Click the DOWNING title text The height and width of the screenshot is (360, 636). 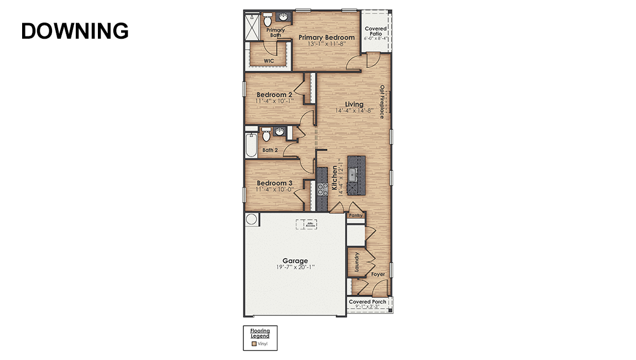click(x=75, y=31)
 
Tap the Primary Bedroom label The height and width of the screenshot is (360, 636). click(x=326, y=38)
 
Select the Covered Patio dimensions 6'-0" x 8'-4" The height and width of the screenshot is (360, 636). click(x=376, y=39)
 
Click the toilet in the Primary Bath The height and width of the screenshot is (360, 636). click(x=268, y=19)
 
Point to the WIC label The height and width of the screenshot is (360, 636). click(x=269, y=61)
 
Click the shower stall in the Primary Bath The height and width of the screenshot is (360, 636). click(x=252, y=27)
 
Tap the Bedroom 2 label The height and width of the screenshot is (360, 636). click(x=274, y=95)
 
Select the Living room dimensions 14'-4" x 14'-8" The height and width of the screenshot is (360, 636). click(x=355, y=111)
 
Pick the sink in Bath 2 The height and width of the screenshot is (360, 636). click(x=280, y=132)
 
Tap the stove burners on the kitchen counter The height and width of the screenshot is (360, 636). click(x=322, y=189)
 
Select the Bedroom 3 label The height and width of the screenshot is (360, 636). click(x=274, y=183)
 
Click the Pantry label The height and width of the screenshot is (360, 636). click(x=356, y=215)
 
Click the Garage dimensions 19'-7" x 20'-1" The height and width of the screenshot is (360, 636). click(x=295, y=267)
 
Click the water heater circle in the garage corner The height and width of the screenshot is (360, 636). click(x=252, y=220)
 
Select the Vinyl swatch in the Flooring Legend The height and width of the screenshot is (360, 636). click(x=254, y=343)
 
